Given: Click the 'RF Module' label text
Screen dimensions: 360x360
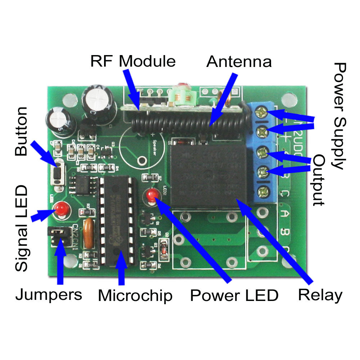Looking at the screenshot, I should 133,61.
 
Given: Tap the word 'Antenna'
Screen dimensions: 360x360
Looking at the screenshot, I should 239,62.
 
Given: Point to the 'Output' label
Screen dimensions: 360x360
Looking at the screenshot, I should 319,180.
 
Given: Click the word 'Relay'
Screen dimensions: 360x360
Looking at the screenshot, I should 320,295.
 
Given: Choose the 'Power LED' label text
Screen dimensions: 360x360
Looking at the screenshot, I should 234,296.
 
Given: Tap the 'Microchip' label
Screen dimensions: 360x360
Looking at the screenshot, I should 135,296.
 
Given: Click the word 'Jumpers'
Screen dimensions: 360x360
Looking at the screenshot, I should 49,295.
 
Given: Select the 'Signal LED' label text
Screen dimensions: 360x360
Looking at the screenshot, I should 22,229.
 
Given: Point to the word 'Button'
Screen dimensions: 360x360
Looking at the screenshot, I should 22,131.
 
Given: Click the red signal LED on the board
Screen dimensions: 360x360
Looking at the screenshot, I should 61,209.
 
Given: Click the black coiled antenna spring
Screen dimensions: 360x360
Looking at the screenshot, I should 187,123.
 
